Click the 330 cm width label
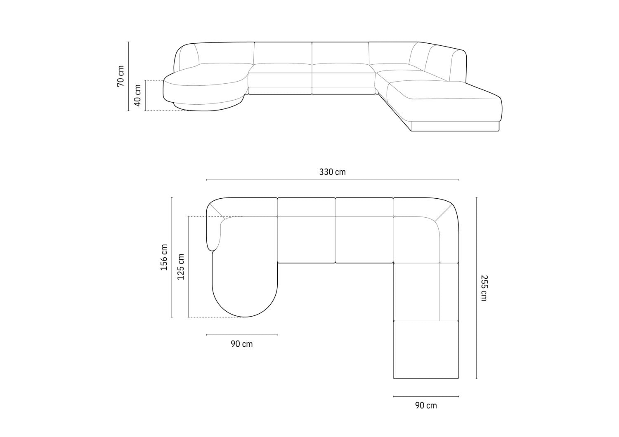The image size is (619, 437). pos(332,172)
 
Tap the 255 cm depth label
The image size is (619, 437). pos(484,288)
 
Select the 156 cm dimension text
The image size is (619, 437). pos(164,257)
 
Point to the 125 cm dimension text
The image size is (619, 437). pos(181,267)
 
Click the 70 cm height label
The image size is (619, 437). pos(120,76)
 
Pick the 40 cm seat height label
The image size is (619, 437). pos(138,95)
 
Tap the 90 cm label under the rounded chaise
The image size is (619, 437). pos(241,344)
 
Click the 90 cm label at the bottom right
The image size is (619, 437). pos(426,406)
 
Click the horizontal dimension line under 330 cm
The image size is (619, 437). pos(332,180)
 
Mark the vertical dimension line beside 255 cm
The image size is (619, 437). pos(477,288)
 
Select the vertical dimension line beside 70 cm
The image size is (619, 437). pos(128,76)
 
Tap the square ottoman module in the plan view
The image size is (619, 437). pos(426,350)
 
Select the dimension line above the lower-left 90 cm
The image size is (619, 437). pos(241,335)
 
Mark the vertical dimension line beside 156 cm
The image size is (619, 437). pos(172,257)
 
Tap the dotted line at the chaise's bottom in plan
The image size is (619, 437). pos(215,317)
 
